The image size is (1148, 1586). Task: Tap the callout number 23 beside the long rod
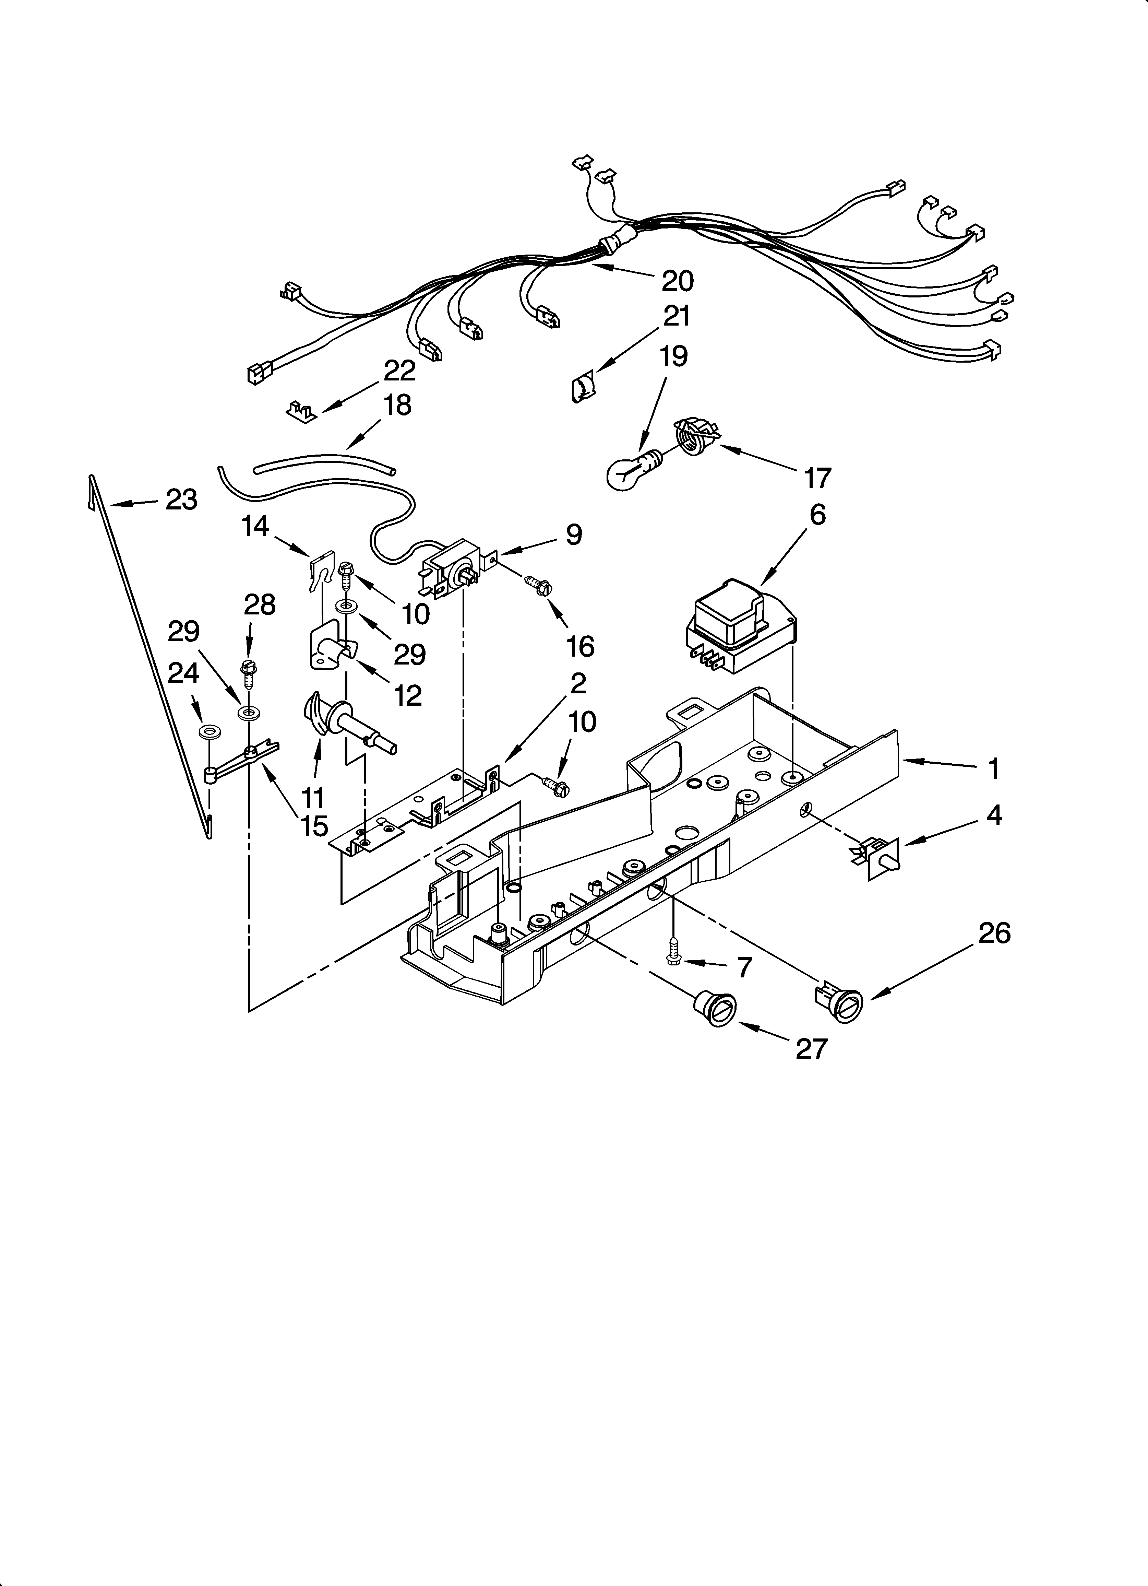coord(181,500)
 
